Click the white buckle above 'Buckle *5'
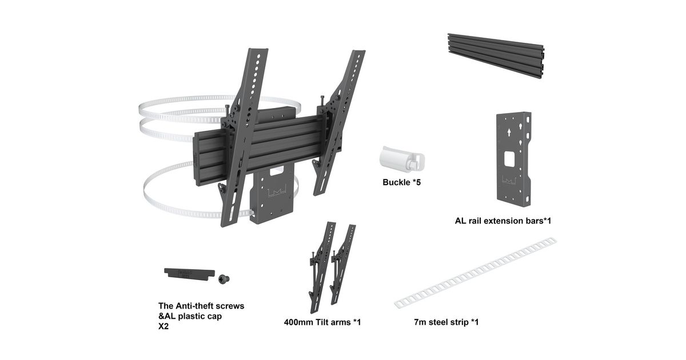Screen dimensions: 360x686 (402, 159)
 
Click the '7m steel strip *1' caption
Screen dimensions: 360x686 (446, 322)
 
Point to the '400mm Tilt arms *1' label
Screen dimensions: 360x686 (322, 322)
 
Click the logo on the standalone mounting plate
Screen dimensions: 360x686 (509, 180)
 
